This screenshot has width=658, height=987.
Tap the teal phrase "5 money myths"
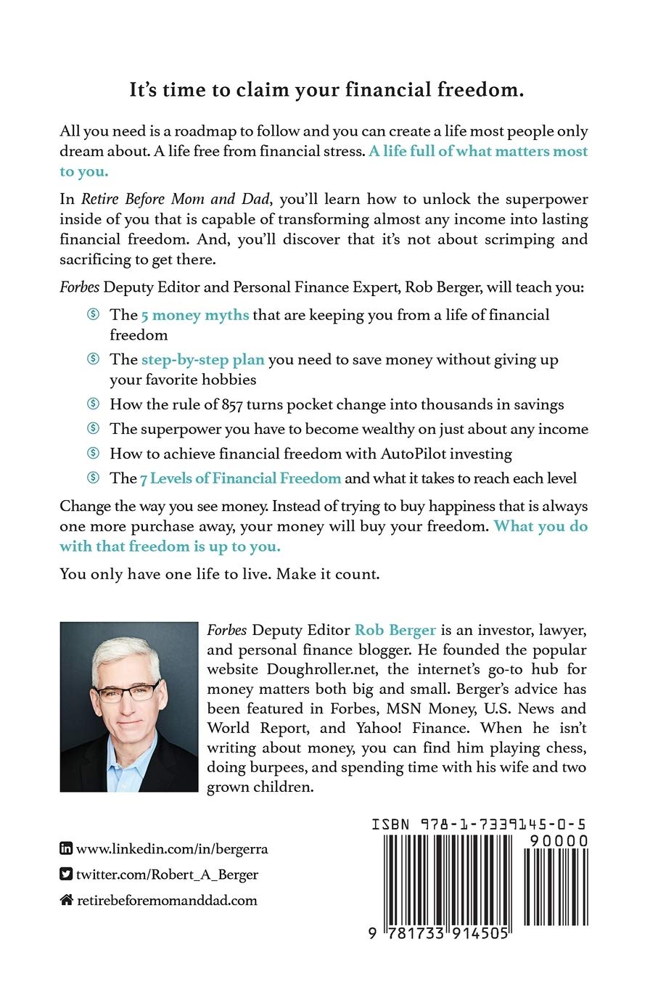195,315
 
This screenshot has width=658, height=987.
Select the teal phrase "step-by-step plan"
202,360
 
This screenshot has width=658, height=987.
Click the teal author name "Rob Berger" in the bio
395,630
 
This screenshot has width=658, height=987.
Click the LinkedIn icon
66,848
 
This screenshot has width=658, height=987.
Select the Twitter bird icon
66,875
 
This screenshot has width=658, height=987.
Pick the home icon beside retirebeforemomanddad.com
66,901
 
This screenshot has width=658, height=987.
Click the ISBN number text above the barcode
479,824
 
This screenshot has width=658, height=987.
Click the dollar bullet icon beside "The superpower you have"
93,429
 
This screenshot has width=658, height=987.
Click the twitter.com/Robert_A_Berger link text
167,875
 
